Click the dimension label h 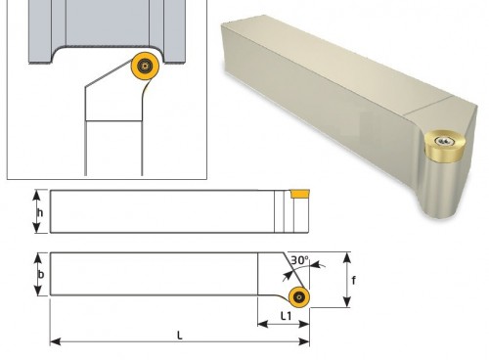click(x=40, y=213)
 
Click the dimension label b click(x=41, y=275)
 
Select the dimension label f click(x=354, y=280)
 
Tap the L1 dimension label click(x=286, y=316)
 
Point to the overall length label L click(x=179, y=335)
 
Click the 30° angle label click(x=299, y=260)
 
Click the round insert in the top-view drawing click(x=299, y=297)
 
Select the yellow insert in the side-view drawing click(x=300, y=194)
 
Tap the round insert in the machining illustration click(x=145, y=67)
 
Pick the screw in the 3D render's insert click(x=443, y=141)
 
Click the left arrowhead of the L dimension click(x=55, y=341)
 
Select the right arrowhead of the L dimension click(x=304, y=341)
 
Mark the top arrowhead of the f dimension click(x=347, y=257)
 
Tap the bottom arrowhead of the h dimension click(x=37, y=228)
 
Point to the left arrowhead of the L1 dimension click(x=263, y=324)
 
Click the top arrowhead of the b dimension click(x=39, y=258)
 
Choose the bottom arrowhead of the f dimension click(x=347, y=301)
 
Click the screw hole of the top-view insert click(x=299, y=297)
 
